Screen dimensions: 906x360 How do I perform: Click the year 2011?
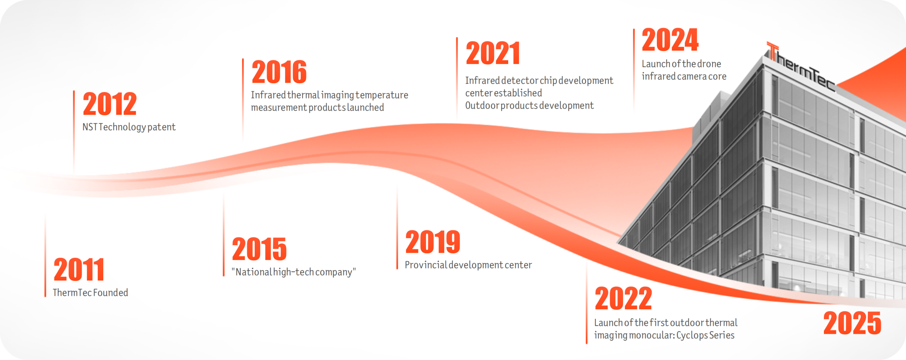[x=79, y=270]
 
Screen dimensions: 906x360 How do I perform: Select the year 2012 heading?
[x=110, y=104]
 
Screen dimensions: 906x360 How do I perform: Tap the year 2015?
[x=259, y=249]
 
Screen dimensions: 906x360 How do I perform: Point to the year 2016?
[x=279, y=72]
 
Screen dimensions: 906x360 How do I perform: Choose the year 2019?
[x=433, y=242]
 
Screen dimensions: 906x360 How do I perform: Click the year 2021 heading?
[x=493, y=53]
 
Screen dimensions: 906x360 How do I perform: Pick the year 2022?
[x=624, y=298]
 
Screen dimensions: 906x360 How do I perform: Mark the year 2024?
[x=670, y=40]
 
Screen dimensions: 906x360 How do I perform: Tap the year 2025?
[x=852, y=323]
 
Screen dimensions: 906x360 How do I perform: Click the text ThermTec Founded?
[x=91, y=293]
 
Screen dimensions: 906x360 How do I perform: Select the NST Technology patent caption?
[x=129, y=127]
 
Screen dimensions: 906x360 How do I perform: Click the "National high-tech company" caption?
[x=294, y=272]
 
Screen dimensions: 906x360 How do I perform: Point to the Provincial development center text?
[x=468, y=265]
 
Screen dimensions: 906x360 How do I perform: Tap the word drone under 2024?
[x=709, y=64]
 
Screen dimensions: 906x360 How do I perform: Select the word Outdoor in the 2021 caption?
[x=482, y=105]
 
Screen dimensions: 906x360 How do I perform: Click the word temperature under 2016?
[x=382, y=95]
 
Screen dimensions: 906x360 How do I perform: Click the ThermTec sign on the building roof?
[x=801, y=67]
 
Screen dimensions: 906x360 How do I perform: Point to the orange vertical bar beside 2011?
[x=45, y=255]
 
